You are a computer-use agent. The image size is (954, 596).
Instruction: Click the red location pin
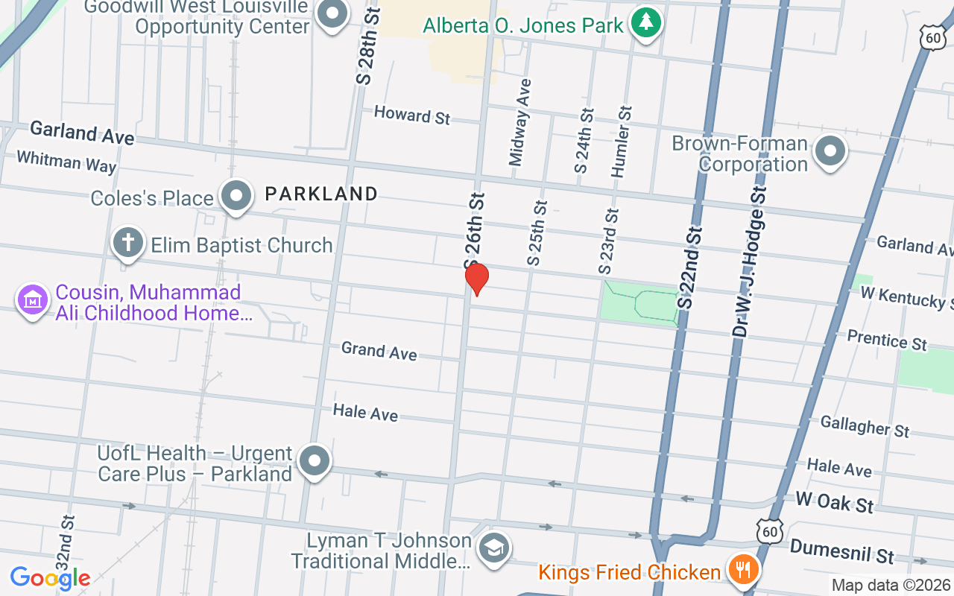pyautogui.click(x=477, y=279)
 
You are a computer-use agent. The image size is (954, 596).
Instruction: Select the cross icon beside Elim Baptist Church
pyautogui.click(x=127, y=243)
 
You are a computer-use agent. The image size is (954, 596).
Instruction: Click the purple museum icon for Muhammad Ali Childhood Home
pyautogui.click(x=33, y=300)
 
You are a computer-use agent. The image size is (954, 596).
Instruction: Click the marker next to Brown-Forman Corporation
pyautogui.click(x=829, y=151)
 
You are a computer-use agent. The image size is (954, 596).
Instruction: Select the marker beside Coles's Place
pyautogui.click(x=236, y=196)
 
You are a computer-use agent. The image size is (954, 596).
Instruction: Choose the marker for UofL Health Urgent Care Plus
pyautogui.click(x=315, y=461)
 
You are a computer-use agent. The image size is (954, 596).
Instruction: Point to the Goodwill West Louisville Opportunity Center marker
pyautogui.click(x=332, y=13)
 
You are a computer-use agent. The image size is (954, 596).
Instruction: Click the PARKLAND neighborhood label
pyautogui.click(x=321, y=194)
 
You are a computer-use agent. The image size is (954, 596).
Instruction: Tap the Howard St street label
pyautogui.click(x=412, y=115)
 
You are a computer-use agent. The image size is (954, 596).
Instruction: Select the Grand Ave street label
pyautogui.click(x=379, y=350)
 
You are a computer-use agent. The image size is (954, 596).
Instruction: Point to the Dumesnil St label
pyautogui.click(x=841, y=552)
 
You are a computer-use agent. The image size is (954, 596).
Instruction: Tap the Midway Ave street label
pyautogui.click(x=519, y=122)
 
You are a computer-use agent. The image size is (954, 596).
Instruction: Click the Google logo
pyautogui.click(x=50, y=577)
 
